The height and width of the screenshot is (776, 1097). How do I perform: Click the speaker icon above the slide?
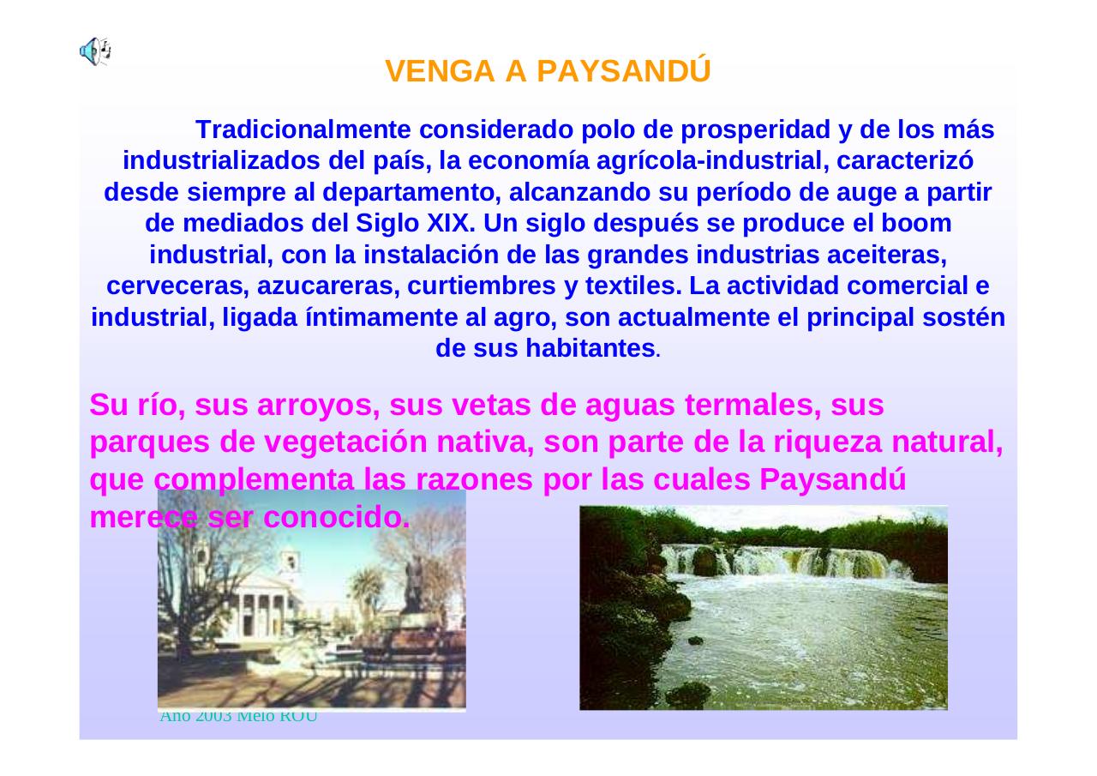tap(94, 51)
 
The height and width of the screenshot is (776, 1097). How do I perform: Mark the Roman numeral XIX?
tap(447, 224)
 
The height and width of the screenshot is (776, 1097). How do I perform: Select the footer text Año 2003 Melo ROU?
tap(238, 717)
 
